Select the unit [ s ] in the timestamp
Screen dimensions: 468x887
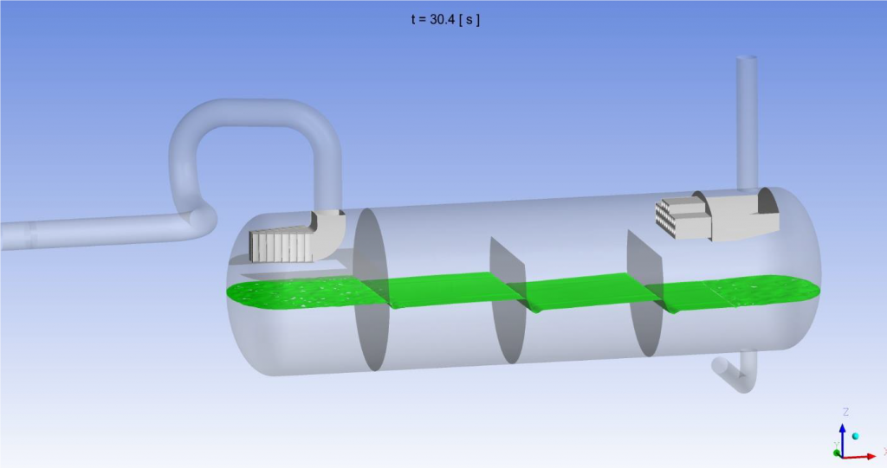[469, 18]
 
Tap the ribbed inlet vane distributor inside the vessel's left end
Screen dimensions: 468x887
[280, 247]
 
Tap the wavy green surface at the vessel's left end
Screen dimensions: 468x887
[295, 294]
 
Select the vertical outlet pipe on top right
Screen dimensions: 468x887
[746, 112]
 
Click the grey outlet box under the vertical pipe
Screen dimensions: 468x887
[745, 215]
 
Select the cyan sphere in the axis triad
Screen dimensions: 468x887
[856, 436]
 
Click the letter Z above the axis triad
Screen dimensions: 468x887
[845, 412]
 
